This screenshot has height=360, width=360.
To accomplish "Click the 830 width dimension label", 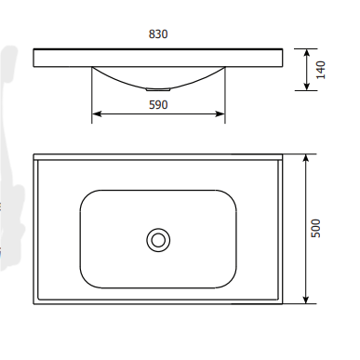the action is coord(158,34).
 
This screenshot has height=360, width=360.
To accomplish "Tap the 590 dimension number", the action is coord(158,105).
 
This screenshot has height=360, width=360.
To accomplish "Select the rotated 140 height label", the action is coord(321,70).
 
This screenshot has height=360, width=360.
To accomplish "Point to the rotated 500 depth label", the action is coord(315,228).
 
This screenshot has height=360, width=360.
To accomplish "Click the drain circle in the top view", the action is coord(158,240).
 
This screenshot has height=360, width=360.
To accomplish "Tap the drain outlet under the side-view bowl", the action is coord(158,89).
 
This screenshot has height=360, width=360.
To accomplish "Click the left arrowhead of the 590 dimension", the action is coord(97,114).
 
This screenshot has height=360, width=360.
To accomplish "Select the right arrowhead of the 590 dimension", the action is coord(220,114).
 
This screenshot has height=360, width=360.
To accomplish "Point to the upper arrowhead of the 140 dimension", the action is coord(307,54).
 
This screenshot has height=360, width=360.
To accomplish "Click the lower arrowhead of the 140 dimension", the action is coord(307,86).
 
